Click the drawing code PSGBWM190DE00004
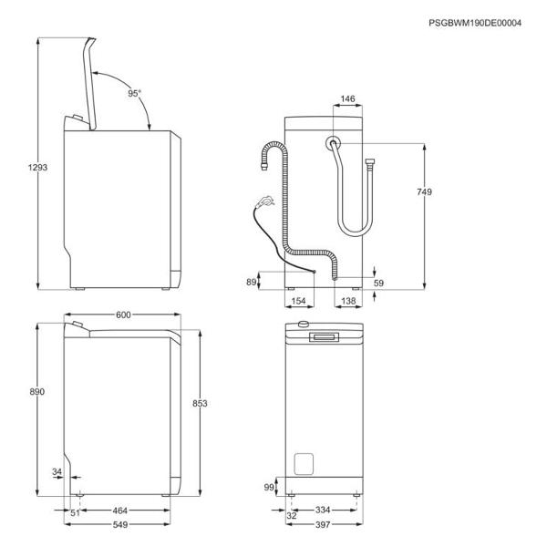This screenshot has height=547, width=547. [x=475, y=23]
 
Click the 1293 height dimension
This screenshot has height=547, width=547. [x=37, y=168]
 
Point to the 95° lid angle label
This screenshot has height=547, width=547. [x=134, y=94]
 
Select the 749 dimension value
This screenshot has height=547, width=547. [x=424, y=191]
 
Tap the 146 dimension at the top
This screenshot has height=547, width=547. [x=348, y=99]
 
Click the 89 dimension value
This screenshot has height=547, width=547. [x=252, y=282]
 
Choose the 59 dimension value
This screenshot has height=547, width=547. [x=378, y=283]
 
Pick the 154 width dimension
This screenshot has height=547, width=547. [x=298, y=301]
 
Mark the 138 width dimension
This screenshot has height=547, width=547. [x=348, y=301]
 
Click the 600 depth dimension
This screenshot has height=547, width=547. [x=123, y=315]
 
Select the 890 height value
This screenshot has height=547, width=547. [x=37, y=392]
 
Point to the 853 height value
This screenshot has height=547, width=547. [x=200, y=403]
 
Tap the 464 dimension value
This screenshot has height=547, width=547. [x=120, y=511]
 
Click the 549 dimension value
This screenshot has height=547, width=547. [x=120, y=525]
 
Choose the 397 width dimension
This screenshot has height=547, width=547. [x=323, y=525]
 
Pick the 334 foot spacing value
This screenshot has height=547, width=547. [x=323, y=510]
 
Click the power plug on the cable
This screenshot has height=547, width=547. [x=265, y=201]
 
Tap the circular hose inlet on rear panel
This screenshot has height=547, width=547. [x=333, y=143]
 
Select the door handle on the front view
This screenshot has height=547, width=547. [x=324, y=337]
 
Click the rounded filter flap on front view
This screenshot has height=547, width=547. [x=304, y=464]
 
